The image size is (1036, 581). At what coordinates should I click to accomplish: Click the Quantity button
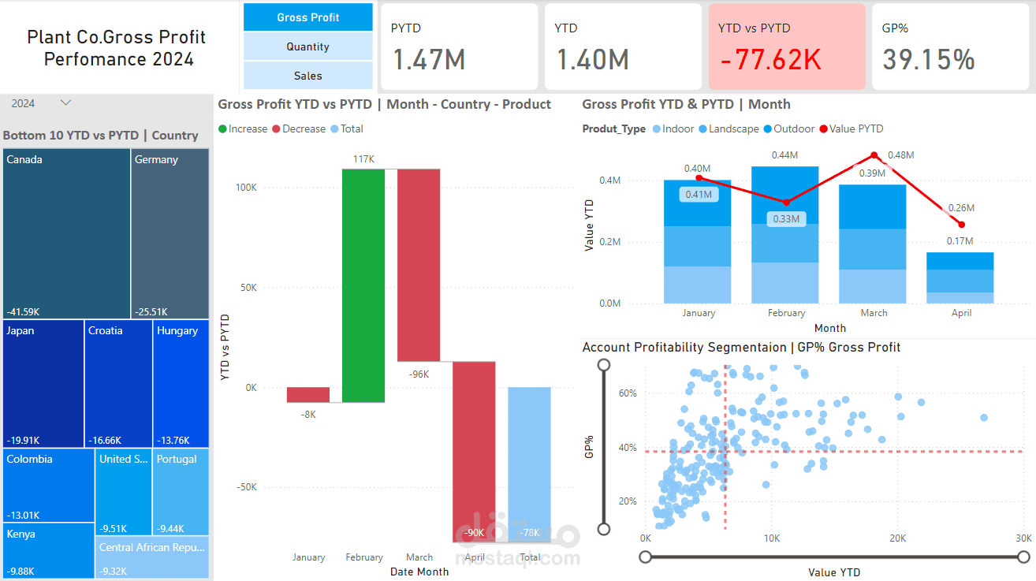pos(307,47)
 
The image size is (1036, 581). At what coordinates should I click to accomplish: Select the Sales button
pos(307,76)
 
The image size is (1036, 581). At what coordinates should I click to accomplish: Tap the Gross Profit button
pos(307,17)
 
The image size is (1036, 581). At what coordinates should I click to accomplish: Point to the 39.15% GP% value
pos(928,60)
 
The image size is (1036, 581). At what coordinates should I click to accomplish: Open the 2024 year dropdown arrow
pos(66,102)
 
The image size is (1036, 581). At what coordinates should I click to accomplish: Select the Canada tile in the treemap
pos(67,233)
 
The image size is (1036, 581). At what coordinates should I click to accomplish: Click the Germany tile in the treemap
pos(170,233)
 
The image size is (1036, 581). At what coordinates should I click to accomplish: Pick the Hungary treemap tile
pos(181,383)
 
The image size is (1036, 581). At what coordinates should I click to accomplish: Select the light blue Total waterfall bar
pos(529,464)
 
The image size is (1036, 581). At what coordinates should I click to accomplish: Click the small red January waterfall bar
pos(308,395)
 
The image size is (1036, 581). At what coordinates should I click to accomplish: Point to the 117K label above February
pos(363,159)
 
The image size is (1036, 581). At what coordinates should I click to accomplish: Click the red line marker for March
pos(874,155)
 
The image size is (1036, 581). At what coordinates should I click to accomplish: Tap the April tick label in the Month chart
pos(960,313)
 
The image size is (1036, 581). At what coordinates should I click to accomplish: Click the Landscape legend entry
pos(733,128)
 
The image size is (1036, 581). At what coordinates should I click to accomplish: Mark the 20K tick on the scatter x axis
pos(897,538)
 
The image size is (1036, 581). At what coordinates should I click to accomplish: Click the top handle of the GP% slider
pos(604,365)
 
